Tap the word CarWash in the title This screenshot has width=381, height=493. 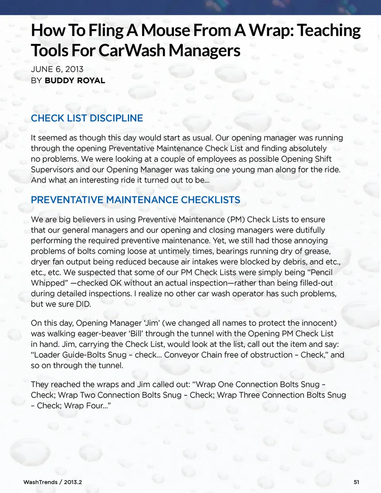[x=132, y=50]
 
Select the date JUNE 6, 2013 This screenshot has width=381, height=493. [x=57, y=69]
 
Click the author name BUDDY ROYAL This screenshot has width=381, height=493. [x=75, y=81]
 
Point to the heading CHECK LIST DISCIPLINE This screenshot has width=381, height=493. [x=87, y=118]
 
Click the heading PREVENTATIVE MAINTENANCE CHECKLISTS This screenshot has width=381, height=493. [x=136, y=200]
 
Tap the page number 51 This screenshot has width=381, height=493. [x=356, y=482]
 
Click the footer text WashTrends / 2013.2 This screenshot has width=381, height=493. [x=53, y=482]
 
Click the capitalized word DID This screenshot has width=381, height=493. [x=83, y=304]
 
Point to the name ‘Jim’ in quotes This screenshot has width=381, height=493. [x=152, y=323]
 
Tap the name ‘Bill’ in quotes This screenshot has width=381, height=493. [x=127, y=334]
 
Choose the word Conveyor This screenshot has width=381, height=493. [x=182, y=355]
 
